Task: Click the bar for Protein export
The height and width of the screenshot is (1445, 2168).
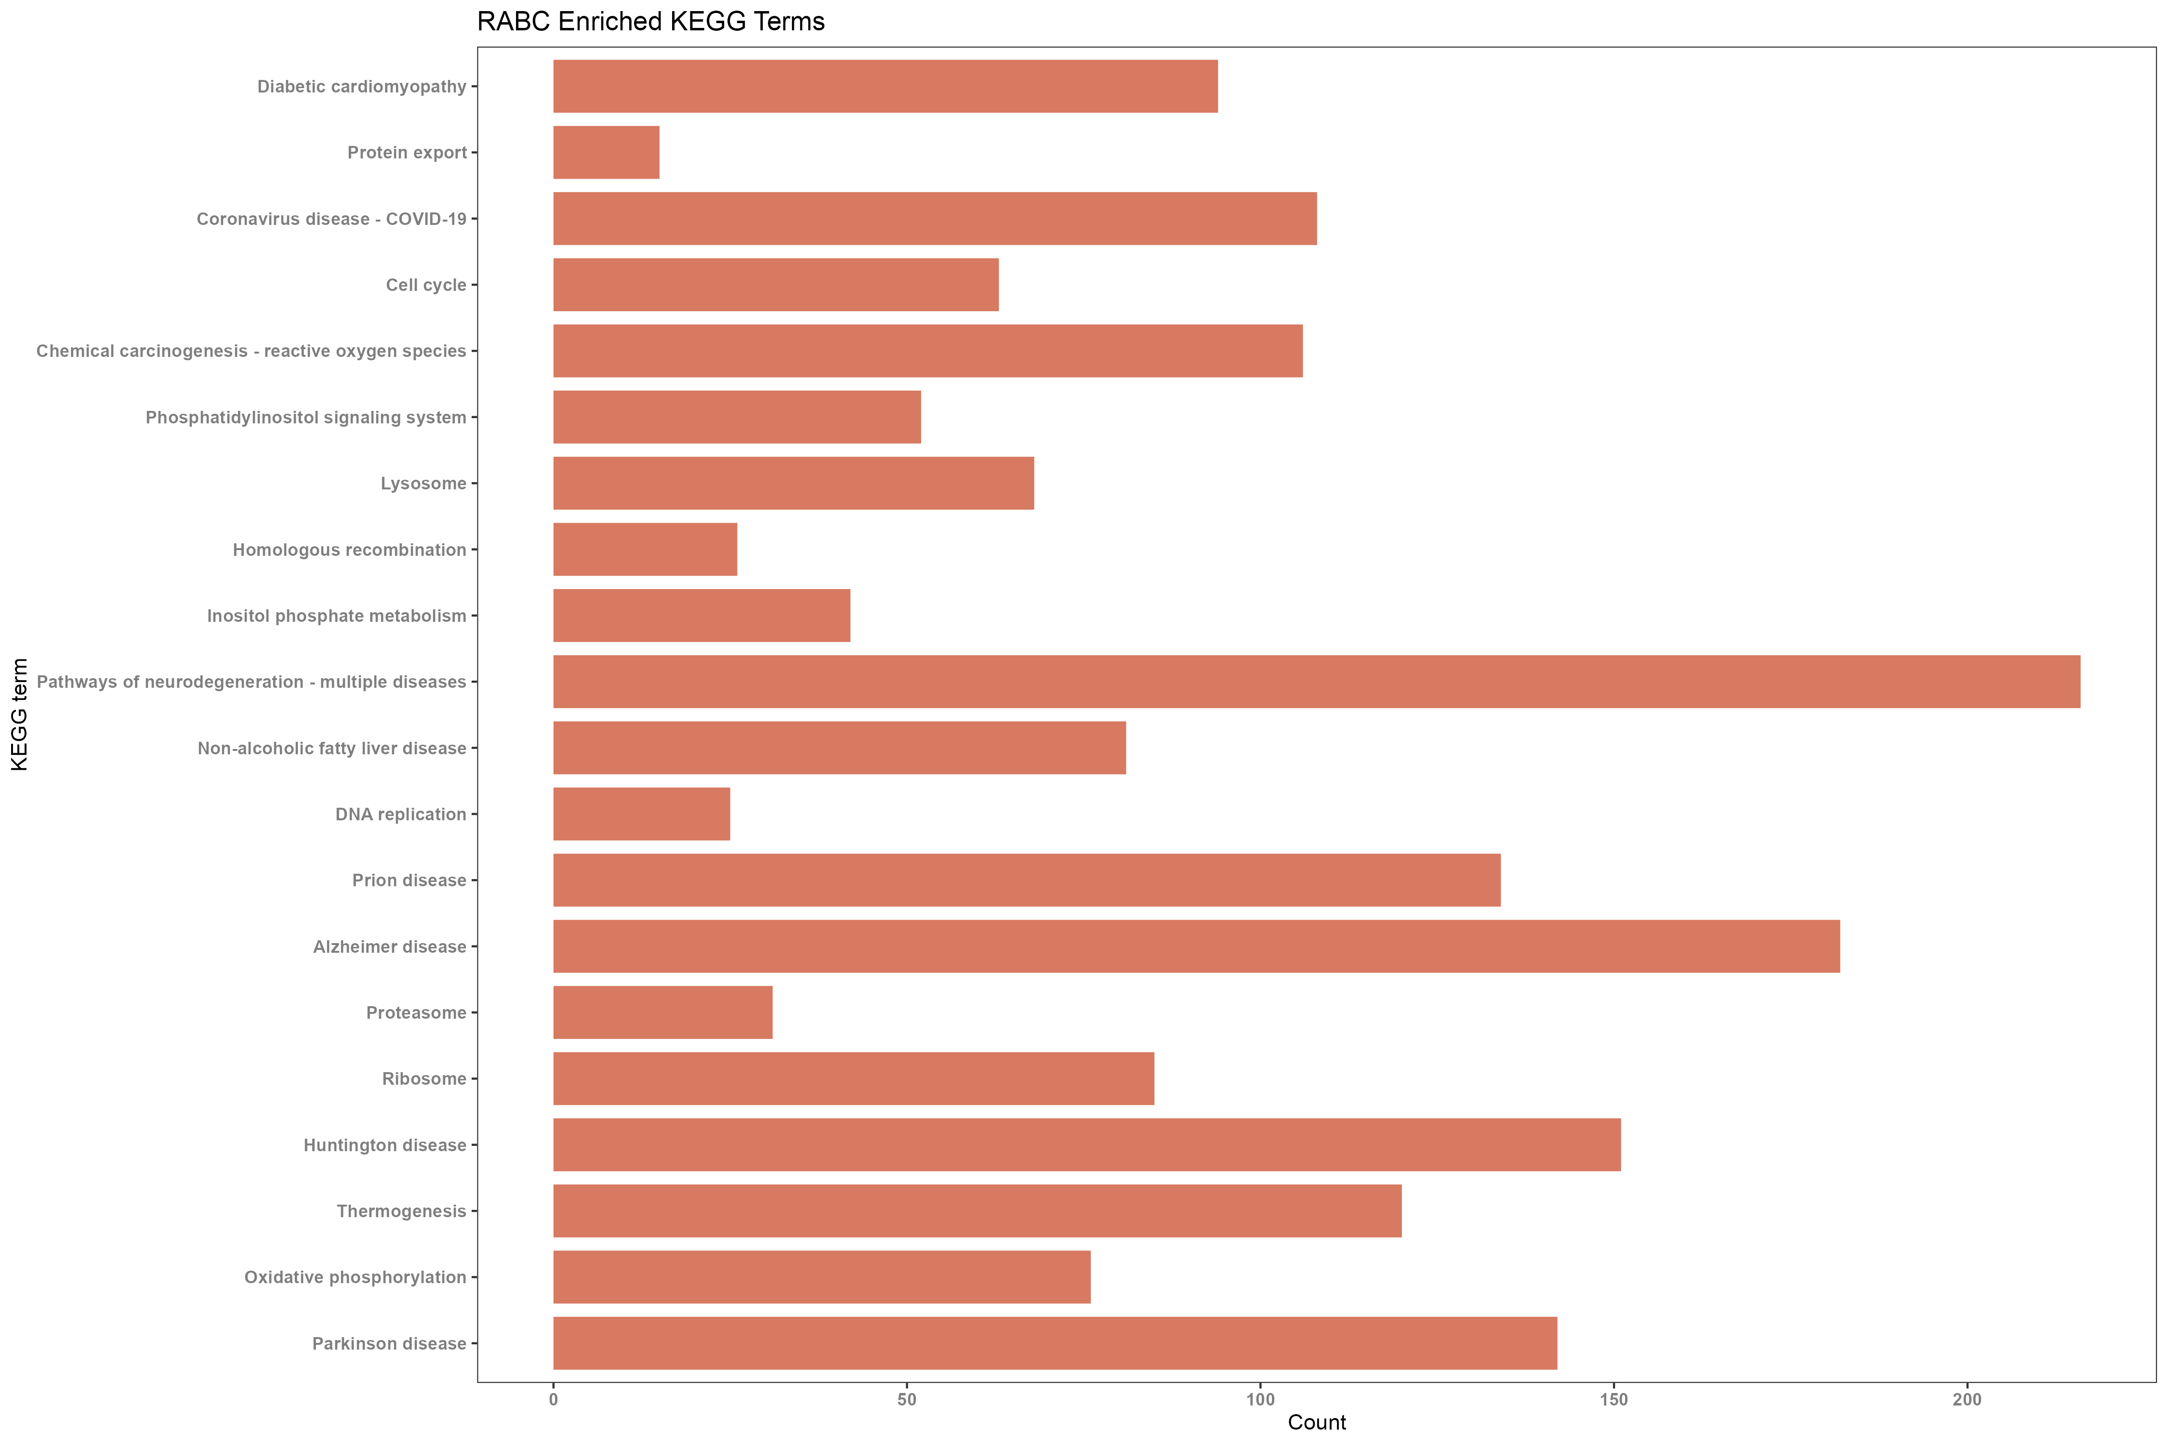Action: coord(606,152)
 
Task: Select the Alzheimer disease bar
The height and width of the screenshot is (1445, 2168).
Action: coord(1196,946)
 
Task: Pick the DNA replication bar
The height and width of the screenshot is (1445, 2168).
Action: coord(642,814)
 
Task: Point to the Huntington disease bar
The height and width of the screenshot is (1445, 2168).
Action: coord(1086,1144)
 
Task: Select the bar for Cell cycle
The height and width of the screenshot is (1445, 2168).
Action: coord(775,285)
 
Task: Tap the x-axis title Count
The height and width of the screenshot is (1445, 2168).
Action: coord(1316,1422)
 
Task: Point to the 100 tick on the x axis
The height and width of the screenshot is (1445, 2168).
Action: coord(1260,1400)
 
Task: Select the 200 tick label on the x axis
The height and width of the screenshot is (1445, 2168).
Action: coord(1966,1400)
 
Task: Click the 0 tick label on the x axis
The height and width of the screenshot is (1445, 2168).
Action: coord(553,1400)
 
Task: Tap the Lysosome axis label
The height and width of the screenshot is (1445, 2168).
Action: coord(423,484)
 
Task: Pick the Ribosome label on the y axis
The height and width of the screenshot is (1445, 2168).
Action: coord(424,1079)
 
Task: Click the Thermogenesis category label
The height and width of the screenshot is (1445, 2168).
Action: coord(401,1211)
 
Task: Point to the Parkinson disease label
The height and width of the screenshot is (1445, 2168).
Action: coord(389,1344)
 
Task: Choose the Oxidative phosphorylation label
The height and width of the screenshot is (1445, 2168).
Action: coord(355,1277)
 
